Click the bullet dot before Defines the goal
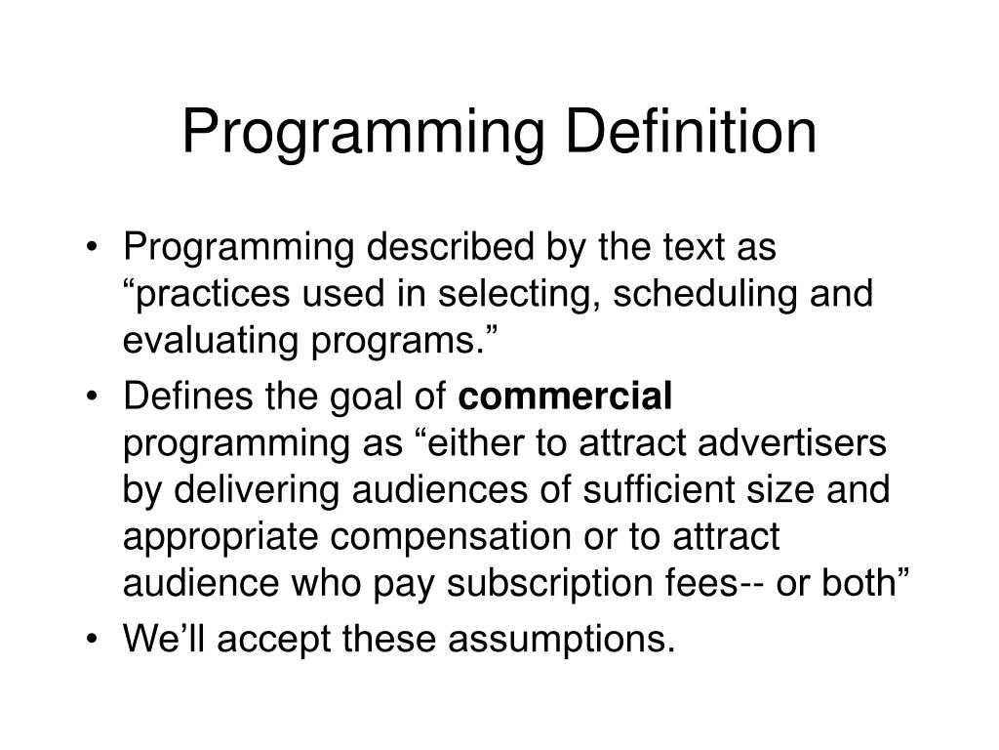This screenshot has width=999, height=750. (93, 396)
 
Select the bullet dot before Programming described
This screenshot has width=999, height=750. (93, 249)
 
